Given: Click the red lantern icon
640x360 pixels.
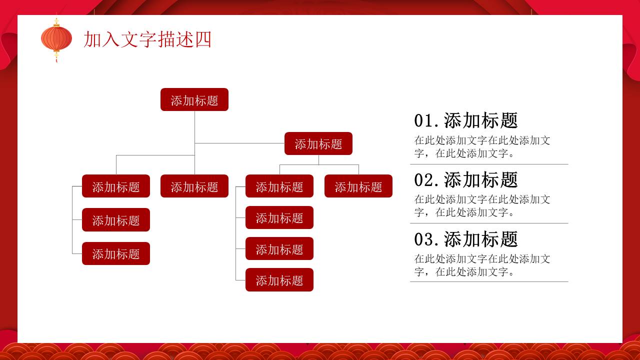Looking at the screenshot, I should (x=56, y=38).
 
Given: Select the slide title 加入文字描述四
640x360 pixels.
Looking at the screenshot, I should (x=147, y=39).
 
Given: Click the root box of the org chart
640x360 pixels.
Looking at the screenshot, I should (x=194, y=99).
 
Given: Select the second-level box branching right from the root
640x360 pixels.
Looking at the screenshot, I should (x=318, y=143).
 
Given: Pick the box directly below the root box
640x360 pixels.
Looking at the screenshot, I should (x=194, y=186).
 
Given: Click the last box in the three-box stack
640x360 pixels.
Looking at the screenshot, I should (x=116, y=253).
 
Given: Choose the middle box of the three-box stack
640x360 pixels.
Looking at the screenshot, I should (x=116, y=220).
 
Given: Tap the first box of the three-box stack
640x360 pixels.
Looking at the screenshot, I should (x=116, y=186).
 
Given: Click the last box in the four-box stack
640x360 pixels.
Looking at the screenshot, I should (x=279, y=280).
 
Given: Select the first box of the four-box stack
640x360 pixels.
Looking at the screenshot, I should (x=279, y=186).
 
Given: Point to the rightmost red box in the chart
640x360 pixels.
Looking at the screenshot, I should (x=358, y=186).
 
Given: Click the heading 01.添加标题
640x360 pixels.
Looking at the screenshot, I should (x=465, y=120).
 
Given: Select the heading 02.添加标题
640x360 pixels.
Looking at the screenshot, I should (x=465, y=180).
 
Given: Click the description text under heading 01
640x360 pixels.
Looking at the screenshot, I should (x=482, y=147).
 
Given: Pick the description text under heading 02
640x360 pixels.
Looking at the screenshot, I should (x=482, y=206).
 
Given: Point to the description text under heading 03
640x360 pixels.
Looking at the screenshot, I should (x=482, y=265).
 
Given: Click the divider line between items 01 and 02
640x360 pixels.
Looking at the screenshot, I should (x=489, y=164).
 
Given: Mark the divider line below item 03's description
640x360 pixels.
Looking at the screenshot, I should (x=489, y=282).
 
